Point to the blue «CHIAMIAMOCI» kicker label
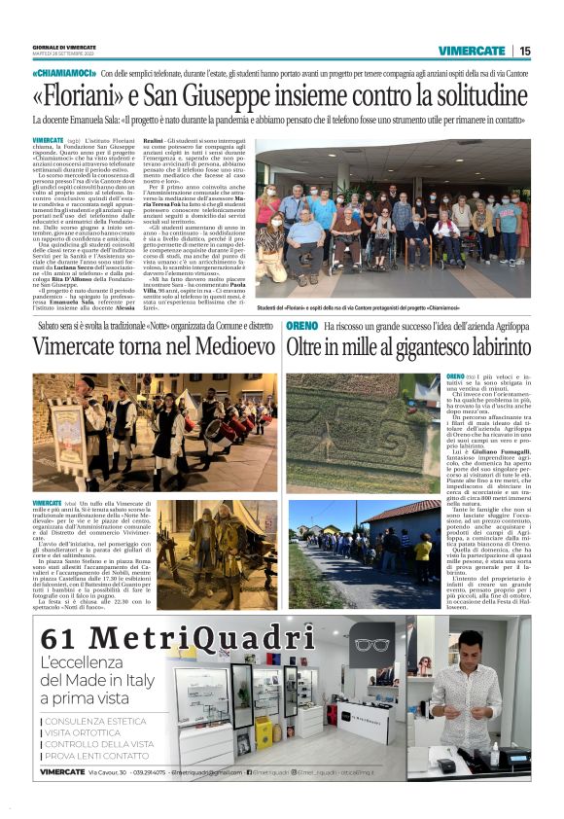pos(63,74)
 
